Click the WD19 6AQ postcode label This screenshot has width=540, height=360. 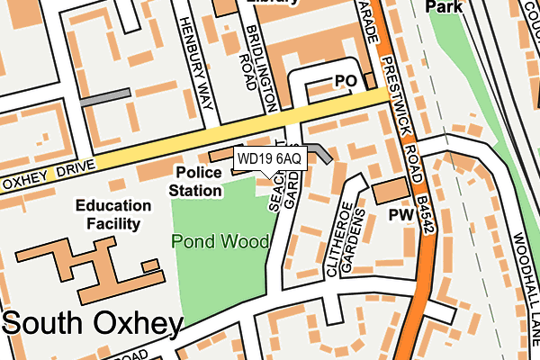271,159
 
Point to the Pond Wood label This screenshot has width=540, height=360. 220,241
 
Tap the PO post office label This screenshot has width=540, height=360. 346,80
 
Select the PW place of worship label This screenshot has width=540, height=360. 400,215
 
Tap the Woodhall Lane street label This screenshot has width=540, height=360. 521,269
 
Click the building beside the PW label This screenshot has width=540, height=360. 390,191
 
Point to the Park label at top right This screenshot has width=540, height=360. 443,6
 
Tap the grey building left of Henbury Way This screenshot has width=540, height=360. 106,97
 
